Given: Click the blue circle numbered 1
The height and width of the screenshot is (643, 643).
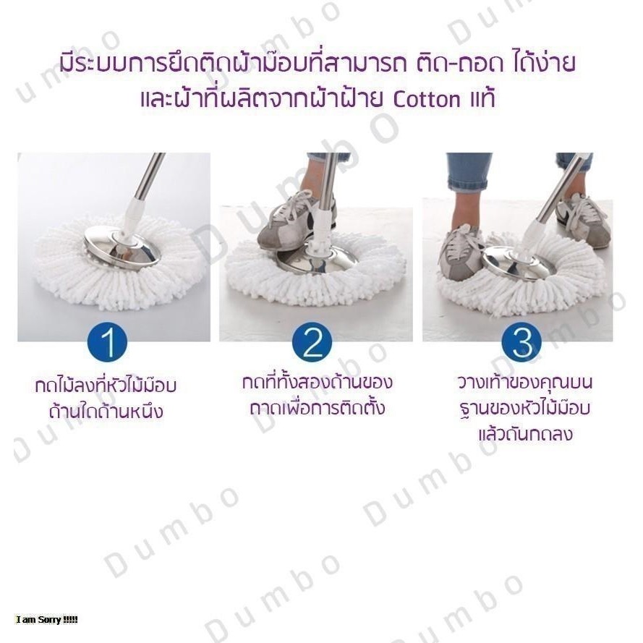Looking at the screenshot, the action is click(x=108, y=342).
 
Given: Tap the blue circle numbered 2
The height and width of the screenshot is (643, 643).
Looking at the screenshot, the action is click(x=312, y=342).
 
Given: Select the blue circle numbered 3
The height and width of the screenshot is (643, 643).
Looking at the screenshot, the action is click(x=521, y=342).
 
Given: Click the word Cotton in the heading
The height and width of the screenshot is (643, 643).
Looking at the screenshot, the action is click(x=427, y=100).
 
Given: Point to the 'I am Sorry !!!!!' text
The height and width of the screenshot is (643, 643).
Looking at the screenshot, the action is click(x=46, y=620).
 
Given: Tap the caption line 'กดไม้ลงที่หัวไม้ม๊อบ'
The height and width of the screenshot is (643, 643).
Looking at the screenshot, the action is click(x=106, y=386).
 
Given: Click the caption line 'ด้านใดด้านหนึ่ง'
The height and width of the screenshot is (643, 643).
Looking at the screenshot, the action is click(x=106, y=412).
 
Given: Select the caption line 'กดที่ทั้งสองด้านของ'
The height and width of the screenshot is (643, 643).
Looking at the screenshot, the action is click(x=317, y=381).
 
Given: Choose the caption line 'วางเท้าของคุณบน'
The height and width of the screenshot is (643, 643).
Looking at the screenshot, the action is click(x=525, y=382).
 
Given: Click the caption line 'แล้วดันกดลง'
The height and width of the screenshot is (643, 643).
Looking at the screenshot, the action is click(x=525, y=434).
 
